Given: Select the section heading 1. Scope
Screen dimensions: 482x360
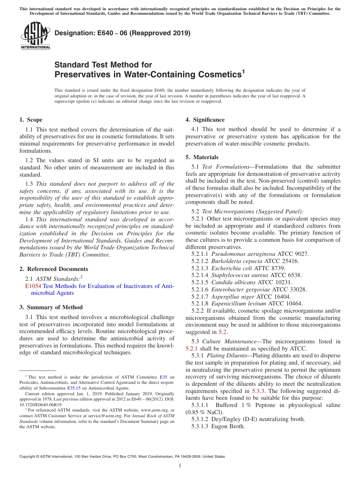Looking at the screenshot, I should point(31,120).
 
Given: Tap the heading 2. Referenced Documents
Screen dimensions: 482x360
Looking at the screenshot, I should point(53,269).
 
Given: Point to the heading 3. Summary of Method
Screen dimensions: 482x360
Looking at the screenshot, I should point(51,307).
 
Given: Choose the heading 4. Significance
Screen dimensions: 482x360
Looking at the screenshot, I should point(205,120).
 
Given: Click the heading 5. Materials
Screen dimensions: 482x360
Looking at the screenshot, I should point(202,157).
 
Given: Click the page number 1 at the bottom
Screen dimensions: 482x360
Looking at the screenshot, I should point(180,466).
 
